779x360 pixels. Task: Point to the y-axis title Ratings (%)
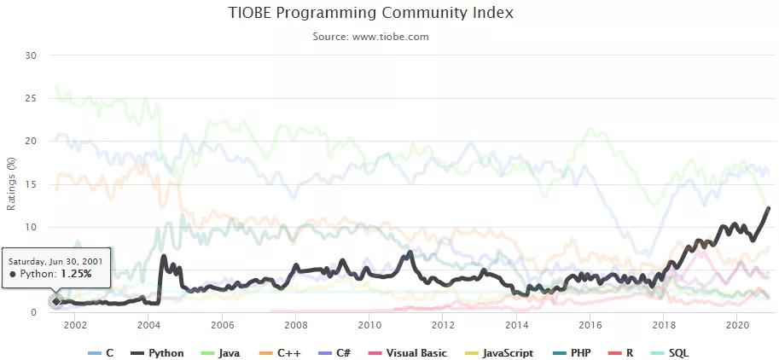[x=11, y=183]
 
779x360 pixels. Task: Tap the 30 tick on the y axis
[x=32, y=55]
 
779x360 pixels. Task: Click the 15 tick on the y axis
[x=32, y=184]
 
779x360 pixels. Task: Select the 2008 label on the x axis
[x=296, y=325]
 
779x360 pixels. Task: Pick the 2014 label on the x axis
[x=516, y=325]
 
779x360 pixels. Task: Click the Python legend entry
[x=159, y=353]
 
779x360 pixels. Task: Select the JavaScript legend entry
[x=500, y=353]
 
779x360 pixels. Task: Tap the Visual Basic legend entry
[x=408, y=353]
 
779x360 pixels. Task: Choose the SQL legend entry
[x=671, y=353]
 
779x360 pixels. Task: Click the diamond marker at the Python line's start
[x=56, y=301]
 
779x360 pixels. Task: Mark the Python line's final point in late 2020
[x=769, y=207]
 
